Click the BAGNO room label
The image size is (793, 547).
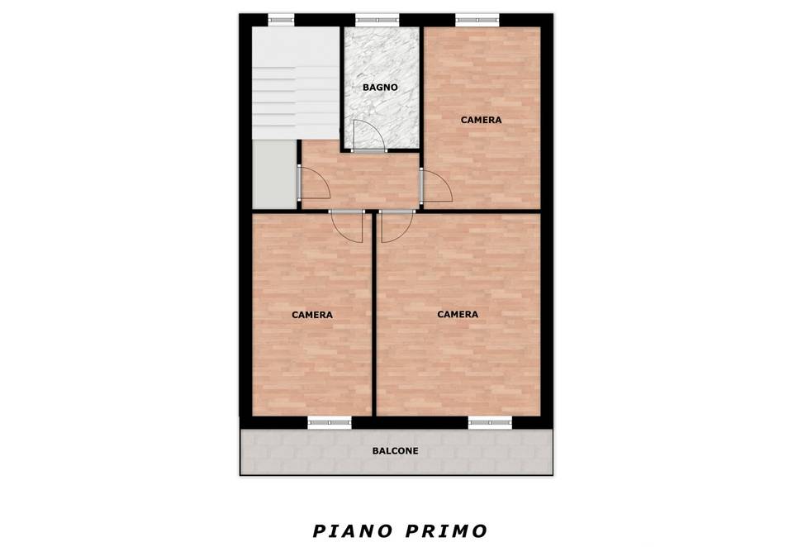pos(380,88)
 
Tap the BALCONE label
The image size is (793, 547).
pos(395,451)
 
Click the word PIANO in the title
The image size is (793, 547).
pos(353,531)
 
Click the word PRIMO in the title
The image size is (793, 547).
pos(446,531)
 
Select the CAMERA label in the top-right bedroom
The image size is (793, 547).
pos(481,120)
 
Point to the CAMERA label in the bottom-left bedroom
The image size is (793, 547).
pos(312,315)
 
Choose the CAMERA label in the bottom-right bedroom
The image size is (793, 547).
pos(457,314)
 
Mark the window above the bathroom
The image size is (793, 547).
pos(378,20)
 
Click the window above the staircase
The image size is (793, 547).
pos(281,20)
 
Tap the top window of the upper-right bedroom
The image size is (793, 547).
pos(477,20)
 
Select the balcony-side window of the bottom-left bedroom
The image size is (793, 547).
pos(330,422)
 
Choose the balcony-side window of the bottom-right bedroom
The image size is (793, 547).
pos(490,422)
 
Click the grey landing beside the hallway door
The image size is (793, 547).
pos(274,174)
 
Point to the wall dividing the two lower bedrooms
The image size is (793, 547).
pos(374,314)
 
